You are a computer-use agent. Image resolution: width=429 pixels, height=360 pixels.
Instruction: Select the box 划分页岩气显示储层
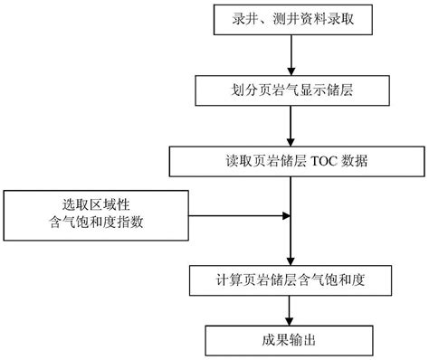click(x=289, y=90)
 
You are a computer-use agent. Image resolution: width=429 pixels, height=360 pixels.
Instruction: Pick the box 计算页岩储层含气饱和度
click(x=289, y=279)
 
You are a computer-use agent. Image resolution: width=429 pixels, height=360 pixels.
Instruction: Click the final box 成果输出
click(x=289, y=341)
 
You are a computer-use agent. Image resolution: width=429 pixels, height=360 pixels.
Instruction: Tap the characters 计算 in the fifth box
click(x=224, y=279)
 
